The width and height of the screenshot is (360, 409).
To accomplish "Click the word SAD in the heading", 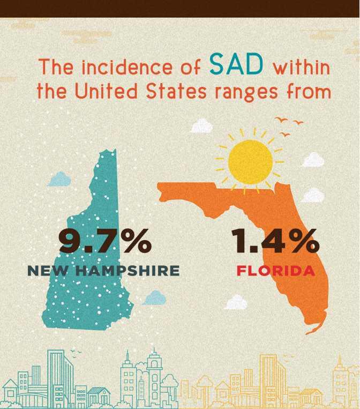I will (x=236, y=65).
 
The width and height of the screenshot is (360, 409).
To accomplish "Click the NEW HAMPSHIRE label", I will (x=103, y=271).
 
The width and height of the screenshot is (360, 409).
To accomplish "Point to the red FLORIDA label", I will (x=275, y=271).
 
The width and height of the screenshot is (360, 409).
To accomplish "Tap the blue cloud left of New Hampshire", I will (x=59, y=179).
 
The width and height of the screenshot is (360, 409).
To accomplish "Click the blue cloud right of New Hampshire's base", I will (x=154, y=298).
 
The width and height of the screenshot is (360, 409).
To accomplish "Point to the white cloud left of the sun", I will (x=201, y=125).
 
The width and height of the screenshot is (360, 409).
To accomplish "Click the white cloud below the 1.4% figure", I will (x=236, y=302).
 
